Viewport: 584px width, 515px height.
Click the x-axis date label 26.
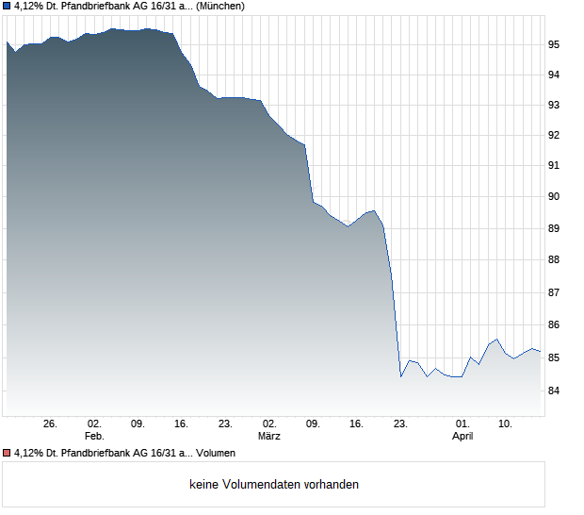point(51,424)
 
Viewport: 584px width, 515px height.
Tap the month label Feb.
point(93,436)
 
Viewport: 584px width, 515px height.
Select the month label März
point(269,436)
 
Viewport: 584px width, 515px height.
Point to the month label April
point(462,436)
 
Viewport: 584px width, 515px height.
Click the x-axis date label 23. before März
point(225,424)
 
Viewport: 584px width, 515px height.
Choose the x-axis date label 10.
point(506,424)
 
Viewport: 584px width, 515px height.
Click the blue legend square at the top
point(7,7)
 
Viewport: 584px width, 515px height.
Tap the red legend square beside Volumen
point(7,454)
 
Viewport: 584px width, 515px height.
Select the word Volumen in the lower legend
point(216,454)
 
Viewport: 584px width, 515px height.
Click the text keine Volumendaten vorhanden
point(274,485)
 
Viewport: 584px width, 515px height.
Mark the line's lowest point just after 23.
point(401,376)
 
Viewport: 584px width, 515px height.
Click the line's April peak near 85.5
point(497,339)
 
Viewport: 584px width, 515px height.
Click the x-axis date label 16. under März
point(357,424)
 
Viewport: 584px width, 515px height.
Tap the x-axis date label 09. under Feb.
point(138,424)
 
